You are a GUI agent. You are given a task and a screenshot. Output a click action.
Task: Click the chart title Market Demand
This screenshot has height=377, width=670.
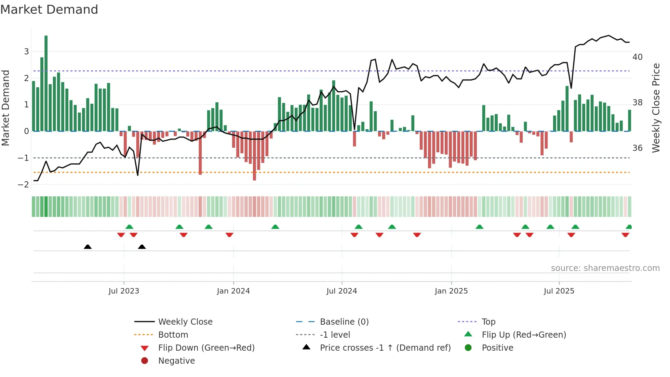point(49,10)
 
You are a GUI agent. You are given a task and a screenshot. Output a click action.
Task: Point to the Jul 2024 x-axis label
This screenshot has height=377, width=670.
point(341,291)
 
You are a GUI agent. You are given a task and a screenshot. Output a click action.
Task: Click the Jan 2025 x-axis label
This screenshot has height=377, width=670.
point(451,291)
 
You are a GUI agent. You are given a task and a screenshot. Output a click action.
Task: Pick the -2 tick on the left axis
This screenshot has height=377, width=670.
point(23,184)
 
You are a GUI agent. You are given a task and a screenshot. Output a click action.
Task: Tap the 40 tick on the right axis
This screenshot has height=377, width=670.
point(637,57)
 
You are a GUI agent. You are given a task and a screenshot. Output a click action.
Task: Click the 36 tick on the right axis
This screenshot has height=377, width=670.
point(637,148)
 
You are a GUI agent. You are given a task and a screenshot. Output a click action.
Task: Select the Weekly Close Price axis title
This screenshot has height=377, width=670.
point(656,108)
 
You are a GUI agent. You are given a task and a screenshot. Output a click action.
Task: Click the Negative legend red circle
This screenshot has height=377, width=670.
point(145,361)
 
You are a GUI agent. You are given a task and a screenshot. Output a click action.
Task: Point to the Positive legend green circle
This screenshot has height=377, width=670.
point(468,348)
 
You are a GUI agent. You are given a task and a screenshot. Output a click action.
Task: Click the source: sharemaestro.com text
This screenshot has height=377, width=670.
point(605,268)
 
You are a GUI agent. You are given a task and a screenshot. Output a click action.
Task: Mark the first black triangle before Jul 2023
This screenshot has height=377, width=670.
point(88,247)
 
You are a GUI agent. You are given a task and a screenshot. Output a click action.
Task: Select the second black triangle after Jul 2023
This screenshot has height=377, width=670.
point(142,247)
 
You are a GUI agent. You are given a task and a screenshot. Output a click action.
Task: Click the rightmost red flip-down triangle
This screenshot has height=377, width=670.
point(625,235)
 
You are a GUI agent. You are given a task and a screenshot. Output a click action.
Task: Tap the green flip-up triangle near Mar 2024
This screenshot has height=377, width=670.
point(275,227)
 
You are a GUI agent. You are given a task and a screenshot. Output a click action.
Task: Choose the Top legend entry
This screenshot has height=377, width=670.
point(488,322)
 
